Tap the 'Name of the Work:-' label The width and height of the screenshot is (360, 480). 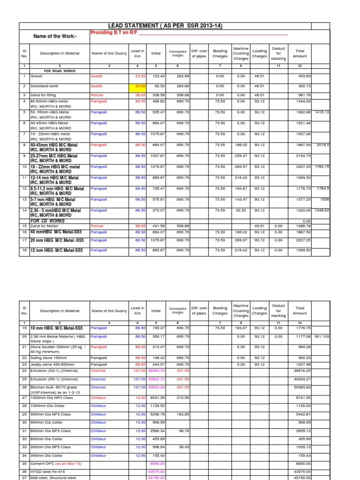click(55, 36)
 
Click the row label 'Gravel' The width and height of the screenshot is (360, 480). click(37, 76)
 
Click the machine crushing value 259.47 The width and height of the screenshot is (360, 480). click(240, 156)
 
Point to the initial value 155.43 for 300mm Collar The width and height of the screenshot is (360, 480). click(158, 455)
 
